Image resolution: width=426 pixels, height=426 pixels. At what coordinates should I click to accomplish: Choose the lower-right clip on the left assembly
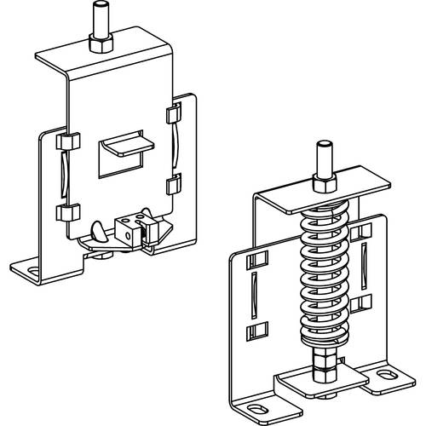pos(174,183)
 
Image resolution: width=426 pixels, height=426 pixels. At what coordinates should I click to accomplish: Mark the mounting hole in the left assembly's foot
pos(32,273)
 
